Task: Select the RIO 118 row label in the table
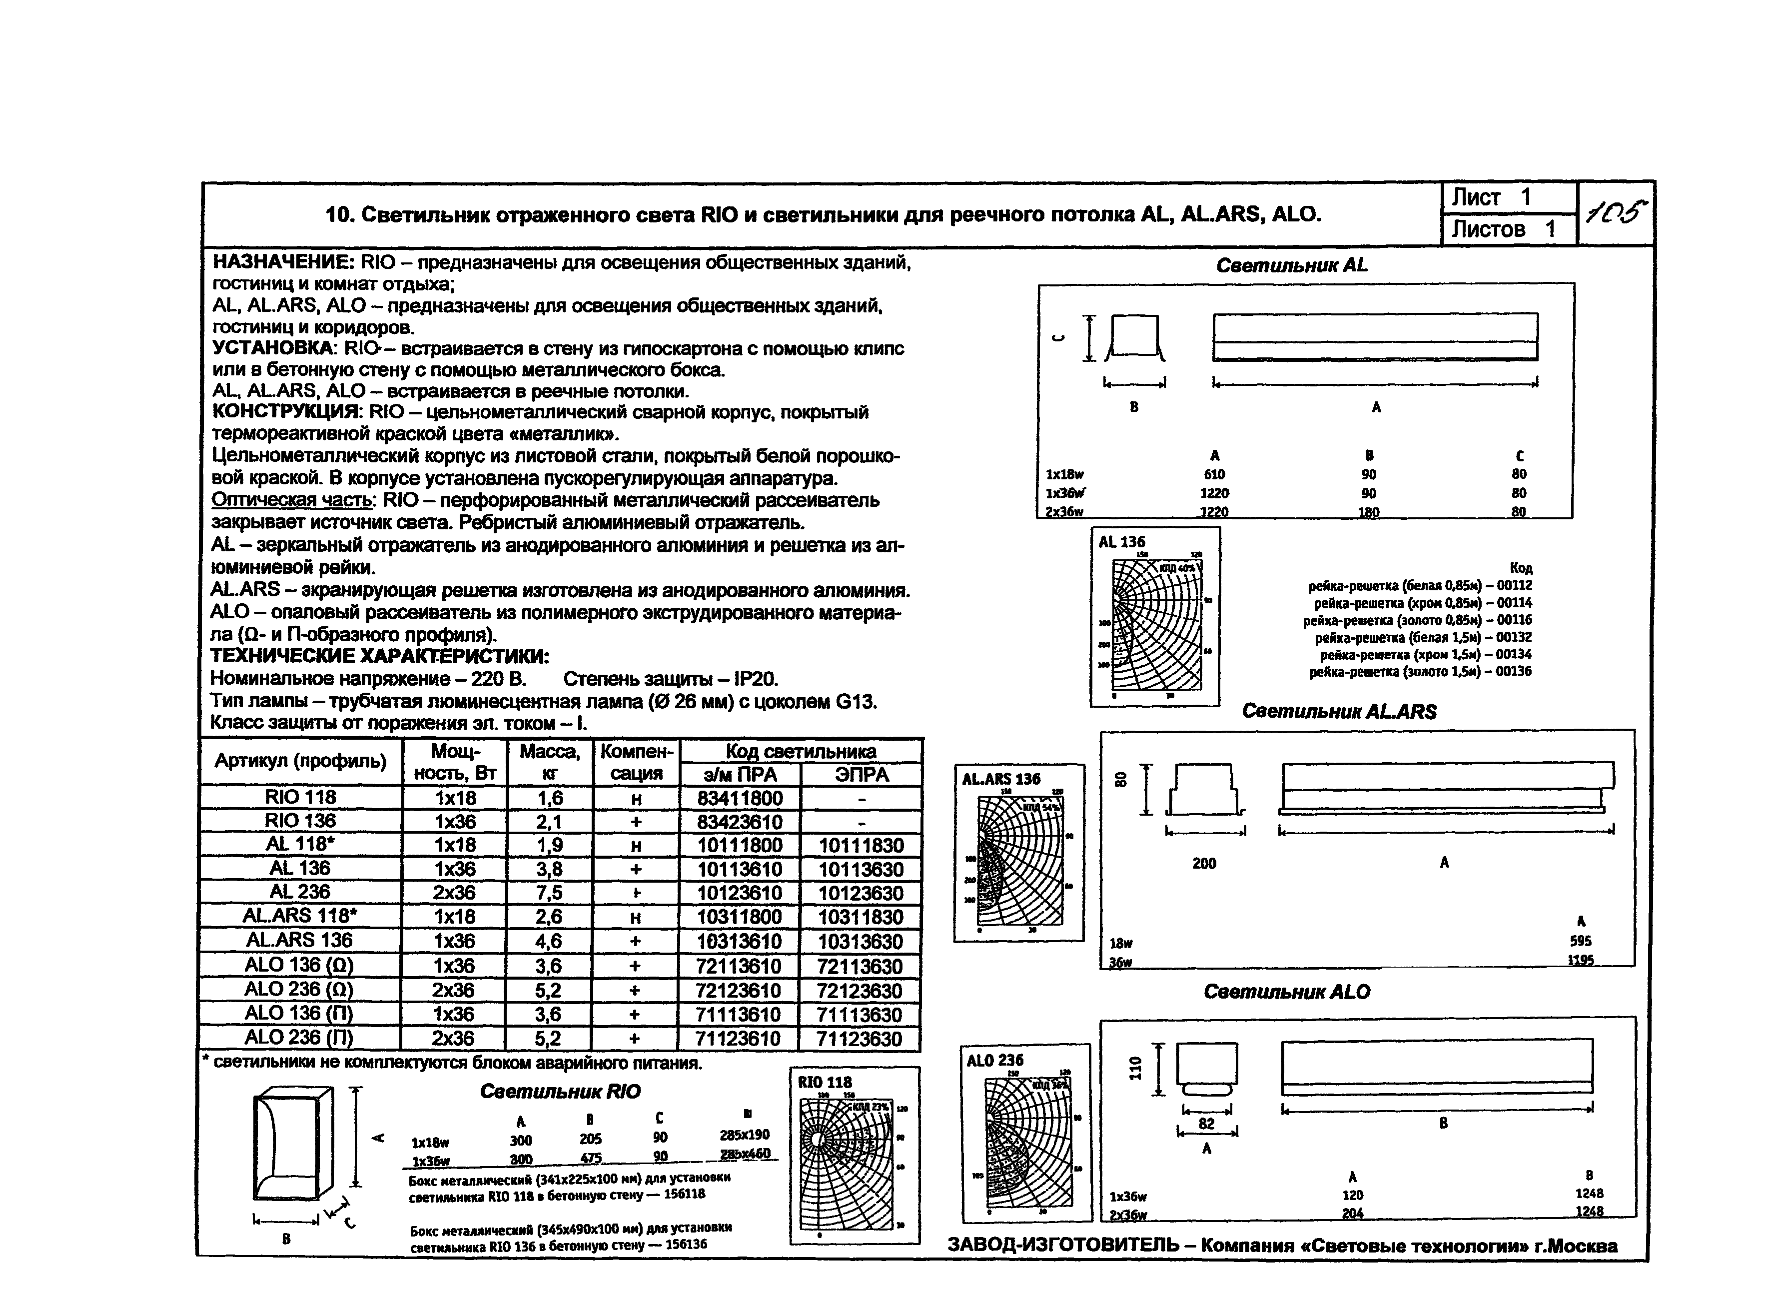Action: (301, 797)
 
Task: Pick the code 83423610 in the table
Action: (739, 822)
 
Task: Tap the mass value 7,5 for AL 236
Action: (548, 893)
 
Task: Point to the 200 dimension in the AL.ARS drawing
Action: (1204, 863)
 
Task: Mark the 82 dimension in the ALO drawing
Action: (1207, 1124)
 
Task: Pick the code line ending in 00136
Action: (1421, 671)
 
